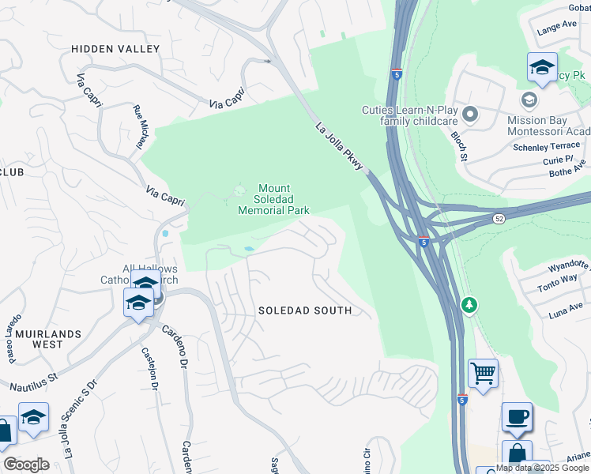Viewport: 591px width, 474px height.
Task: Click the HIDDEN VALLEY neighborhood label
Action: pos(115,49)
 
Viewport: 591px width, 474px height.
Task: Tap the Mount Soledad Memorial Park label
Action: pos(273,200)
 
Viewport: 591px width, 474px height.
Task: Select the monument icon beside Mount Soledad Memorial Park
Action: pos(239,190)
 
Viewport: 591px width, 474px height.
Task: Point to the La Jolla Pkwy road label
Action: pos(340,146)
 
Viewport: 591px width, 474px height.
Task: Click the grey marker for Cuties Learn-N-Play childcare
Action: pos(470,115)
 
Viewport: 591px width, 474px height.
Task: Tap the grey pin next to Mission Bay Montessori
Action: pos(529,100)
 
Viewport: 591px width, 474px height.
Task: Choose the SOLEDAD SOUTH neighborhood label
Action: pos(305,310)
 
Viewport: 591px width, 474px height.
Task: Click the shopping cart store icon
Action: pos(483,371)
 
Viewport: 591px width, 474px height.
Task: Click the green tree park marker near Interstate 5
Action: pos(469,304)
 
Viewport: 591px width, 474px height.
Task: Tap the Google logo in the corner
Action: pos(27,465)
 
